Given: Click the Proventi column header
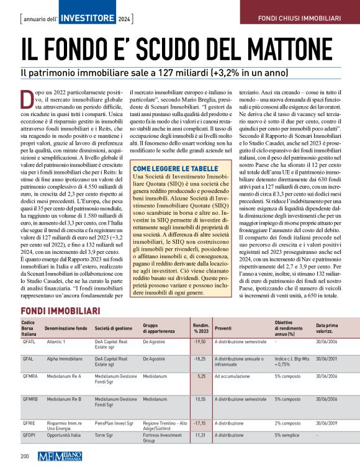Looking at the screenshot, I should click(223, 327).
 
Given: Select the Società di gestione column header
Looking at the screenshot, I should click(114, 327).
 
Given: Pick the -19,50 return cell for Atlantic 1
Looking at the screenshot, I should click(199, 341).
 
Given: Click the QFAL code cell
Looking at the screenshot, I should click(28, 359).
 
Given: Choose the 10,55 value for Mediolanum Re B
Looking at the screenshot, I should click(200, 399).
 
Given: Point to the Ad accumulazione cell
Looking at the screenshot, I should click(233, 376).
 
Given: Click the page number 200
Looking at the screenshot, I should click(25, 457).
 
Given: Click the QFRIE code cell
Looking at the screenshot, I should click(29, 422).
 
